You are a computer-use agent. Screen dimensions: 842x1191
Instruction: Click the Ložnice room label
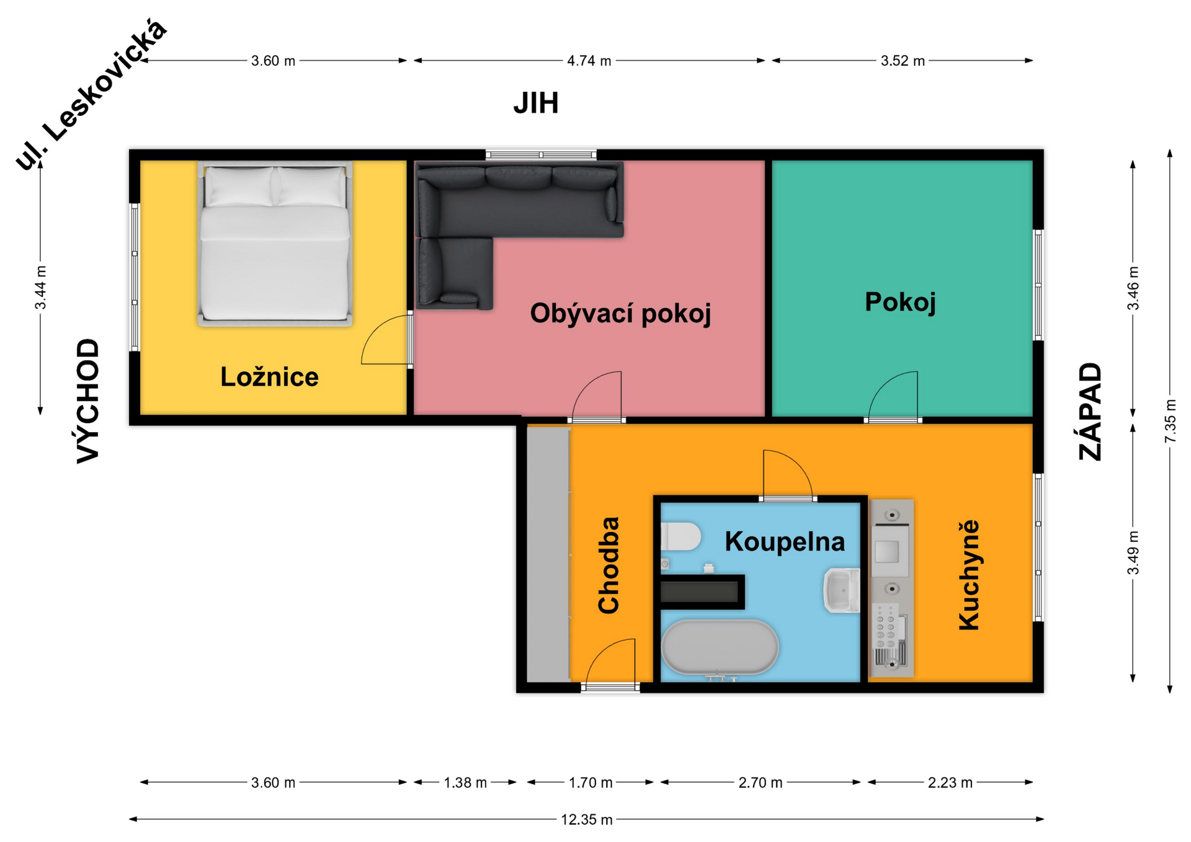point(269,377)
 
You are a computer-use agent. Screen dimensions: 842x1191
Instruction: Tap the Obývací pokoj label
point(620,313)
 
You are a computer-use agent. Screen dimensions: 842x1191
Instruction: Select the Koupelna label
point(785,541)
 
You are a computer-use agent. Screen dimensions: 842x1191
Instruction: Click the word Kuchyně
point(969,575)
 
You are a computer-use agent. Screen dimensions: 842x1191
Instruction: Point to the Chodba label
point(609,565)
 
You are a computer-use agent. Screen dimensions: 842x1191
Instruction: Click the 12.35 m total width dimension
point(586,820)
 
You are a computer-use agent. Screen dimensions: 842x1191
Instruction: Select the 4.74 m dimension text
point(589,61)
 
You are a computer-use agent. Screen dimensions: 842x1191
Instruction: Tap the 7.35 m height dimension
point(1170,421)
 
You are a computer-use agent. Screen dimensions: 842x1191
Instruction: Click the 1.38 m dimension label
point(465,782)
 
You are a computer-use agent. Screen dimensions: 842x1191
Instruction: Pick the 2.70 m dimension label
point(760,782)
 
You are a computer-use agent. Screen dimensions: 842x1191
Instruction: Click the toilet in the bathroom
point(680,536)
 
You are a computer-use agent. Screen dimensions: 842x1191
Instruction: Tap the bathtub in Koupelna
point(720,647)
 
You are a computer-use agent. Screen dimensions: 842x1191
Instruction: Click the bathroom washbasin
point(841,590)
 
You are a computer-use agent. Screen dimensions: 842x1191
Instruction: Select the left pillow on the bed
point(238,186)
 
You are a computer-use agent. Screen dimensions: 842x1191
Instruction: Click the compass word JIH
point(536,103)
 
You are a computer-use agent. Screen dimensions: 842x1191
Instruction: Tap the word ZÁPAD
point(1090,411)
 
